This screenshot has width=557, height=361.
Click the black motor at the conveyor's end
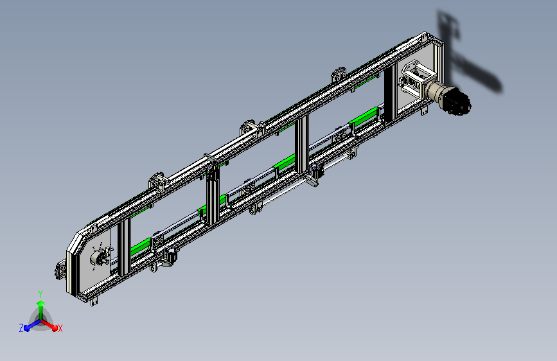coord(457,101)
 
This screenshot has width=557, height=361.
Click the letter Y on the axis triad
coord(40,294)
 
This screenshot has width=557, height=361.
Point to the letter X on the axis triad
coord(60,329)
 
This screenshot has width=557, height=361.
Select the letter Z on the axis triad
coord(21,328)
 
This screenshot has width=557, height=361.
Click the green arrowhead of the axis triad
coord(41,304)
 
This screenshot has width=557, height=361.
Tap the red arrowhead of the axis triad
coord(54,328)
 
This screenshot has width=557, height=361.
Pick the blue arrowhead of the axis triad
coord(28,328)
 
